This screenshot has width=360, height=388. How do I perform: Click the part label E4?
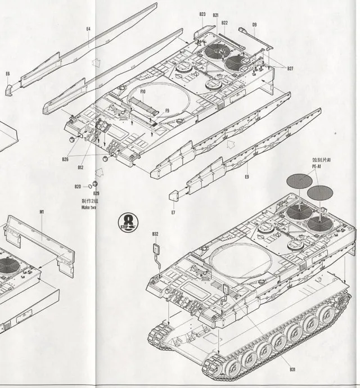pyautogui.click(x=88, y=28)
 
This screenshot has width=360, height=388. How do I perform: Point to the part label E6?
pyautogui.click(x=8, y=74)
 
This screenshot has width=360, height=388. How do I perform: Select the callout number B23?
pyautogui.click(x=202, y=14)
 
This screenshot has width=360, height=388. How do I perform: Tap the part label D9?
pyautogui.click(x=254, y=25)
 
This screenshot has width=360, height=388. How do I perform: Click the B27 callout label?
pyautogui.click(x=290, y=69)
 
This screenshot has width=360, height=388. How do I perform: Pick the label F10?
pyautogui.click(x=143, y=92)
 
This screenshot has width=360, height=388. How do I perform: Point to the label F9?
pyautogui.click(x=167, y=111)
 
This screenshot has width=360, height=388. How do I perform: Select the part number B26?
pyautogui.click(x=65, y=159)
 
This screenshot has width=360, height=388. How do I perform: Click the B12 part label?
pyautogui.click(x=80, y=167)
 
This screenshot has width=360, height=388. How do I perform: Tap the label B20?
pyautogui.click(x=78, y=187)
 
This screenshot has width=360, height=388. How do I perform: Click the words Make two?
pyautogui.click(x=89, y=207)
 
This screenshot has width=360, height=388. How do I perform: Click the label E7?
pyautogui.click(x=173, y=213)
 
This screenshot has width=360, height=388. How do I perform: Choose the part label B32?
pyautogui.click(x=155, y=234)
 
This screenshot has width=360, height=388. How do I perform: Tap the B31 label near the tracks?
pyautogui.click(x=292, y=369)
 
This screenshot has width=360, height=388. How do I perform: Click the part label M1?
pyautogui.click(x=42, y=212)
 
